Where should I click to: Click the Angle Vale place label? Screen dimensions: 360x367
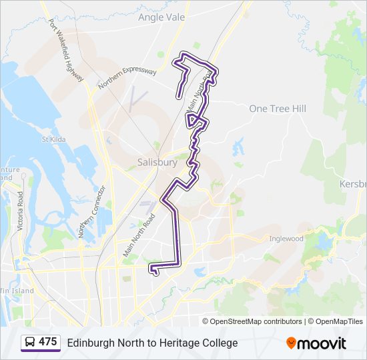[x=161, y=17]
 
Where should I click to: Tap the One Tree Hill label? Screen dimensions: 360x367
[x=278, y=109]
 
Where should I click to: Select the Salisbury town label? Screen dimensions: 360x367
[x=157, y=162]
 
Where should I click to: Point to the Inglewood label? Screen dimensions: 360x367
[x=286, y=239]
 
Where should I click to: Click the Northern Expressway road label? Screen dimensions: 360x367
[x=127, y=79]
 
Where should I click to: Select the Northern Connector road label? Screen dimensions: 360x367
[x=90, y=211]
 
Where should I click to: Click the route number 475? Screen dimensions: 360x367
[x=47, y=342]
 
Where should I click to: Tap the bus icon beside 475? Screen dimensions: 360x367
[x=31, y=343]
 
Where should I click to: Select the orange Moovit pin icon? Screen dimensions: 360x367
[x=291, y=343]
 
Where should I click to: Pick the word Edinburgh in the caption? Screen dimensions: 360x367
[x=90, y=343]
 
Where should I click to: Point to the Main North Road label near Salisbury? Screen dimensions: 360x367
[x=139, y=235]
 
